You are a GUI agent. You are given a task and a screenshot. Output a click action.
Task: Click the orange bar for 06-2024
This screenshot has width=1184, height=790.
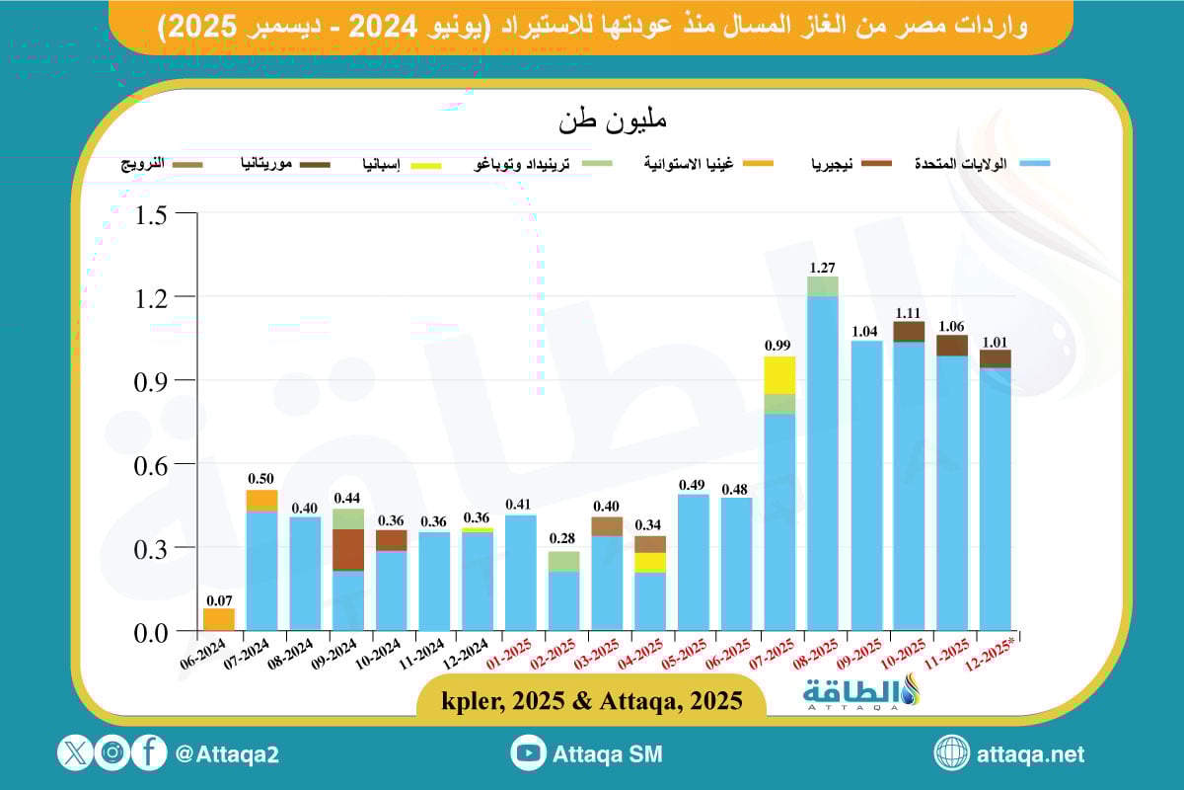pyautogui.click(x=219, y=619)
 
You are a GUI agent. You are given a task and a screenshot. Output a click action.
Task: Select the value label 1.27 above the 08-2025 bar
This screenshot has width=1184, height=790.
pyautogui.click(x=823, y=267)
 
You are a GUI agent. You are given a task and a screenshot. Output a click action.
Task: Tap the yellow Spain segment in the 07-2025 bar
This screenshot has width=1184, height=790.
pyautogui.click(x=779, y=375)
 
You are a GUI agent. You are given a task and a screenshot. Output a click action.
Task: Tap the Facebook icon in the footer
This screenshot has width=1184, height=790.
pyautogui.click(x=149, y=753)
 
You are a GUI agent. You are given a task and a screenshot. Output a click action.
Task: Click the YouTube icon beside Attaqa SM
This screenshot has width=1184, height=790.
pyautogui.click(x=529, y=753)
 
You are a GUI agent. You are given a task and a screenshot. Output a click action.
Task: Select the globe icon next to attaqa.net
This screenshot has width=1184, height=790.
pyautogui.click(x=952, y=753)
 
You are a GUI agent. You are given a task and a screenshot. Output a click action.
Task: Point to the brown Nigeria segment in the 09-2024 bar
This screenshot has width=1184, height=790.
pyautogui.click(x=347, y=549)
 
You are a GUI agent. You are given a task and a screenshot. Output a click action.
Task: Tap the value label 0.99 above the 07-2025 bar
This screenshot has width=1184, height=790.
pyautogui.click(x=779, y=346)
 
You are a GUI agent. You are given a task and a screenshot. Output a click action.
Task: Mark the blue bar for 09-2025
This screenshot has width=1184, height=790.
pyautogui.click(x=866, y=484)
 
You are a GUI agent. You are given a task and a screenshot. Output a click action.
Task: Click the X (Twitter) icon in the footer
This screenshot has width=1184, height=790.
pyautogui.click(x=75, y=753)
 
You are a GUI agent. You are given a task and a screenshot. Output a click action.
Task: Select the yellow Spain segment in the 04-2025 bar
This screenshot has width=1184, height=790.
pyautogui.click(x=649, y=562)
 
